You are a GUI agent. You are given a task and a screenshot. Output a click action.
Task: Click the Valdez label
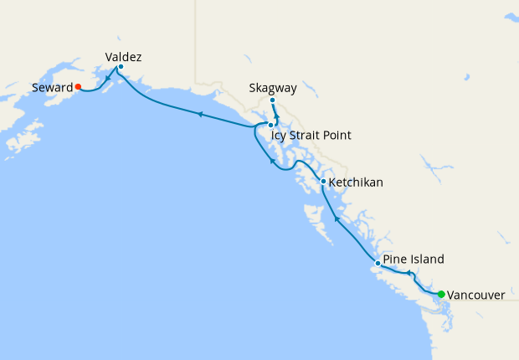click(x=123, y=57)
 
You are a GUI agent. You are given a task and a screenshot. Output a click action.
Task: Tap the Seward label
click(x=51, y=87)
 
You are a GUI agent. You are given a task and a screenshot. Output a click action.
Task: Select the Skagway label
click(x=273, y=87)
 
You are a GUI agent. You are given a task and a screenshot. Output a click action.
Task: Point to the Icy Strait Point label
click(x=311, y=135)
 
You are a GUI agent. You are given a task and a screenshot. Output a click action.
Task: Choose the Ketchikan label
click(x=357, y=182)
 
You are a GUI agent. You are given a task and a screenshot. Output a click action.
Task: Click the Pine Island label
click(x=414, y=260)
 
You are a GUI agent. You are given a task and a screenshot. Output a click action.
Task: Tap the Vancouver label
click(x=475, y=296)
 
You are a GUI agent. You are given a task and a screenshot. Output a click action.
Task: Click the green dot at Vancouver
click(x=441, y=294)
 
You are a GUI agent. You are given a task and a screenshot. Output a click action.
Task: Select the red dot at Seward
click(x=78, y=86)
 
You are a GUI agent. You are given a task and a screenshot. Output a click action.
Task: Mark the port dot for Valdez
click(x=121, y=67)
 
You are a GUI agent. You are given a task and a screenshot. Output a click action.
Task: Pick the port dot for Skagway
click(x=273, y=100)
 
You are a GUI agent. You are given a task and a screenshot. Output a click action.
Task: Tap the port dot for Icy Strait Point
click(x=270, y=125)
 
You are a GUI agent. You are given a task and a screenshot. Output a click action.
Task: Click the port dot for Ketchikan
click(x=323, y=181)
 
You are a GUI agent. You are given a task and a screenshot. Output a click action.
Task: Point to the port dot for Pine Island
click(x=378, y=264)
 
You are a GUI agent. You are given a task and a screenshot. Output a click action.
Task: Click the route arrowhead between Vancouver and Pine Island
click(x=409, y=273)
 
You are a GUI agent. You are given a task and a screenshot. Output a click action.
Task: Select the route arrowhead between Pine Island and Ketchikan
click(x=337, y=219)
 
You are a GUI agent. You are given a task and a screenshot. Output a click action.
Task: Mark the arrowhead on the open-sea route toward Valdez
click(x=200, y=114)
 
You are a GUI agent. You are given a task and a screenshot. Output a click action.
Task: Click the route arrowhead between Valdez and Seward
click(x=108, y=80)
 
